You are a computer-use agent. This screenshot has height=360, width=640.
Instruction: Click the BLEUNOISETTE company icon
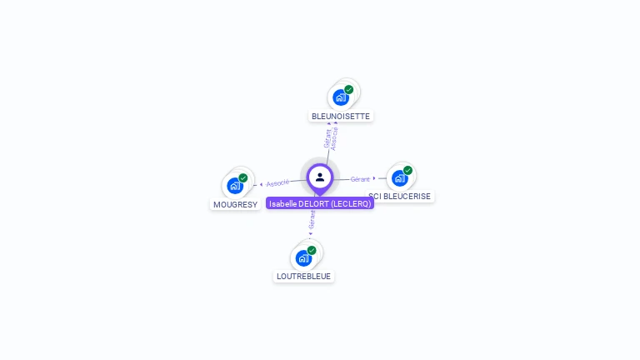click(x=342, y=97)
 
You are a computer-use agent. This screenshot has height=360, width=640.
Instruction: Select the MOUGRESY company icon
click(x=235, y=185)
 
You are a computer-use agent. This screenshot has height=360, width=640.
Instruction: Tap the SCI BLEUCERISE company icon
click(x=400, y=177)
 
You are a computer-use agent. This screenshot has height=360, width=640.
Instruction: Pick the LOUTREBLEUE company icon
click(x=304, y=257)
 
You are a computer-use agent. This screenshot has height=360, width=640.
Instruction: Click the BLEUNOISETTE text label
click(x=340, y=116)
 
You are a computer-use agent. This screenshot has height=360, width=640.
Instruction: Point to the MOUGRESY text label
click(x=235, y=204)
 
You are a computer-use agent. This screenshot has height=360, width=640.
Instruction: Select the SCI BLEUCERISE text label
click(x=401, y=197)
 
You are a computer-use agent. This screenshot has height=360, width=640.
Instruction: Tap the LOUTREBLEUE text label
click(x=303, y=276)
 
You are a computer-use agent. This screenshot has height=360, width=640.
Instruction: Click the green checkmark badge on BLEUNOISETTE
click(x=349, y=89)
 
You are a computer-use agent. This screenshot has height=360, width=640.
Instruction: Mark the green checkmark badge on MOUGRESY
click(x=243, y=177)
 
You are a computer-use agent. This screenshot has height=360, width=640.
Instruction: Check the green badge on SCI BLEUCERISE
click(x=408, y=170)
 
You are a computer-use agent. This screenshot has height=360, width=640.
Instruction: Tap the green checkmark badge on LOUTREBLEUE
click(x=312, y=250)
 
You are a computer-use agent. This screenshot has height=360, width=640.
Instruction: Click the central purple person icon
click(x=320, y=177)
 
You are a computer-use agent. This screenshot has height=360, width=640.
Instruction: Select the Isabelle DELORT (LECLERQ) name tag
click(x=320, y=203)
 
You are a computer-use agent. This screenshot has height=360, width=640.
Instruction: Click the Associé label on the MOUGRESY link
click(x=278, y=182)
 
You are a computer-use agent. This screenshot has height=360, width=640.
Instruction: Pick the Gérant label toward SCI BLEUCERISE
click(x=360, y=179)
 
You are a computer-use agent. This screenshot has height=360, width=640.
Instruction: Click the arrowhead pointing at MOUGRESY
click(x=261, y=184)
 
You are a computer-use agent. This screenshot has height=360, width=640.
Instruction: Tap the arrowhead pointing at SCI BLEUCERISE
click(x=374, y=178)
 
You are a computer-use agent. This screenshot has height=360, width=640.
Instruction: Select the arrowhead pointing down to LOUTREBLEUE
click(x=311, y=234)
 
